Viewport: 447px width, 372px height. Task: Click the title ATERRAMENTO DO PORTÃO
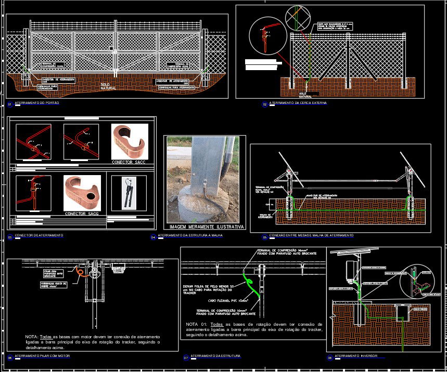(x=37, y=103)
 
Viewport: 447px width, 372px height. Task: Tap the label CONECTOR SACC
(x=129, y=163)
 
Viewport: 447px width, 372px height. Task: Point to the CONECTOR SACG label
(x=82, y=214)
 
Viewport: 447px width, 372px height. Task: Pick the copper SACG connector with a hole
(x=82, y=193)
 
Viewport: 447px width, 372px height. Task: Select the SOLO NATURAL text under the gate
(x=109, y=86)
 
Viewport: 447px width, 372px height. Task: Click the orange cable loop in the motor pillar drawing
(x=80, y=272)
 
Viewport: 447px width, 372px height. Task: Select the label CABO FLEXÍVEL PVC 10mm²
(x=228, y=300)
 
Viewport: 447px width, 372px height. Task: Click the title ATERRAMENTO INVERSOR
(x=356, y=356)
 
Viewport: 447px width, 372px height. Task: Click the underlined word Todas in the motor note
(x=46, y=337)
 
